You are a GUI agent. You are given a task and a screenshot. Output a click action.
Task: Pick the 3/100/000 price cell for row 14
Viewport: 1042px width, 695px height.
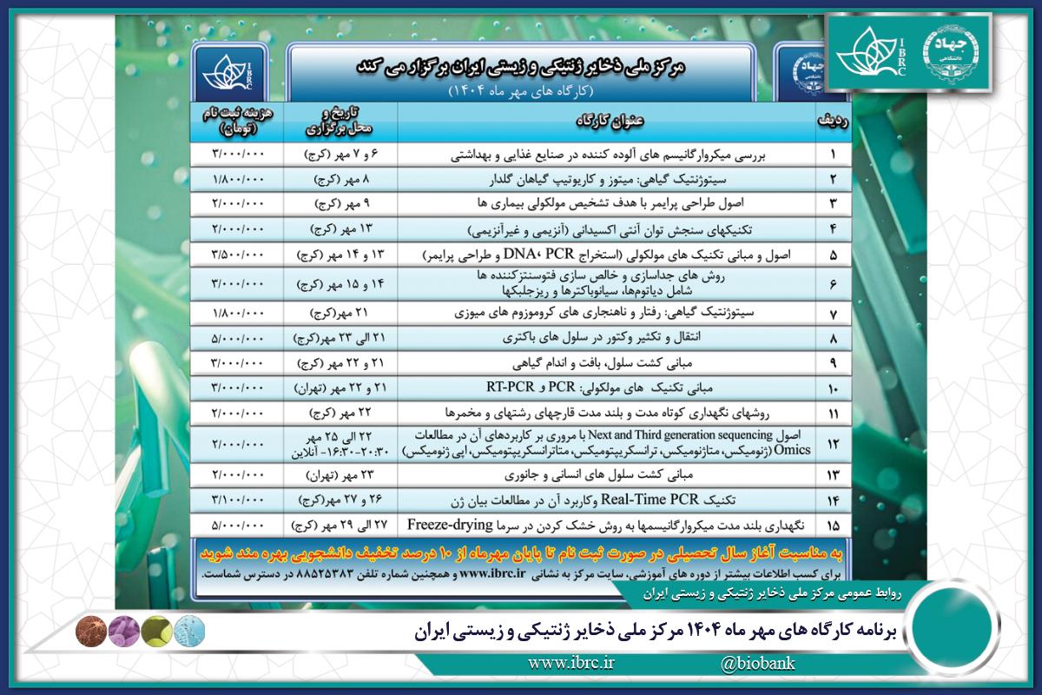point(240,500)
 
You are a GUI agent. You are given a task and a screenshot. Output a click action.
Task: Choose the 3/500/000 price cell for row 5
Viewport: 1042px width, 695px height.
point(240,257)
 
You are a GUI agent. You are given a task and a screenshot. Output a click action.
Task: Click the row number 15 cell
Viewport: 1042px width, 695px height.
point(833,526)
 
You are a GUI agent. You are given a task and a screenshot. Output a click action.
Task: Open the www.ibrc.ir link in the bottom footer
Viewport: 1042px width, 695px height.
point(571,665)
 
